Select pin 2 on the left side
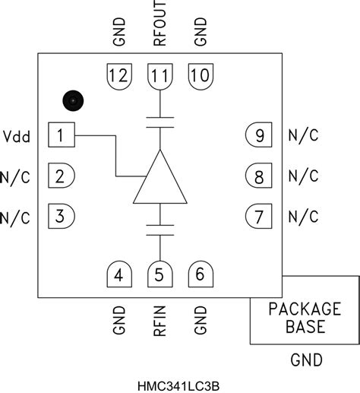click(61, 176)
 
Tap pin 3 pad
click(61, 216)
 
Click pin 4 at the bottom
click(118, 275)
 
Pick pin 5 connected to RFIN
click(159, 275)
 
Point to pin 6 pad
click(200, 275)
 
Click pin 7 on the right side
click(259, 216)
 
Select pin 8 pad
click(259, 176)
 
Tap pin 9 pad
click(259, 136)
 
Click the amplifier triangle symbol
click(159, 180)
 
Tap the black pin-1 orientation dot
click(72, 100)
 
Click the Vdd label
click(17, 137)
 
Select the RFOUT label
click(159, 27)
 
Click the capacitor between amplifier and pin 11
click(159, 122)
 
